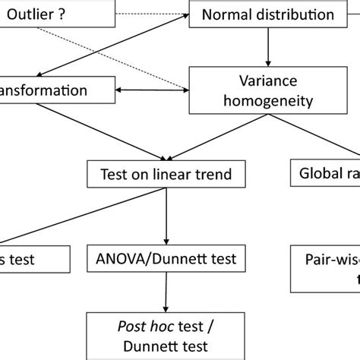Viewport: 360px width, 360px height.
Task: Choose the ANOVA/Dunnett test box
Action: tap(166, 259)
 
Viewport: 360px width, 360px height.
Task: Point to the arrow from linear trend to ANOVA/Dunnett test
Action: tap(166, 216)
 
